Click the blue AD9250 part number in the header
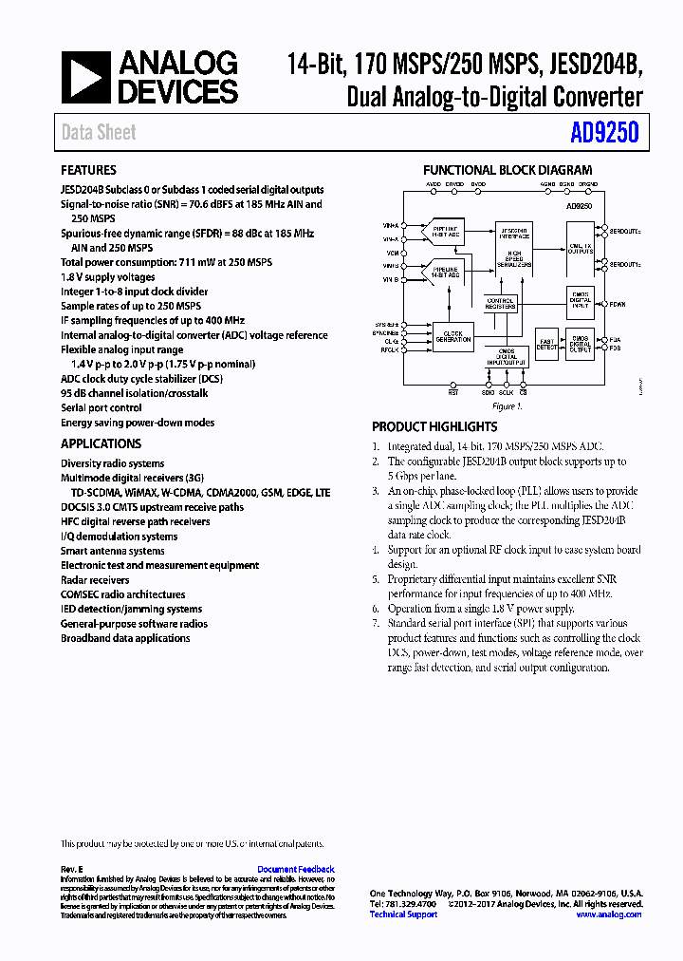605,133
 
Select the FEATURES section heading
89,171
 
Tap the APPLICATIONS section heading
101,443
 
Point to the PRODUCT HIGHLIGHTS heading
434,427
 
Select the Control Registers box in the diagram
501,303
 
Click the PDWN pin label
618,305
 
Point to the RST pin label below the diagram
452,391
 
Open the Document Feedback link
296,869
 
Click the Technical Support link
403,914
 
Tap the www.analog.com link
609,914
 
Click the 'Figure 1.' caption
508,406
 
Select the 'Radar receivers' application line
95,580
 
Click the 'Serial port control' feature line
102,408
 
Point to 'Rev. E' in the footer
72,869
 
